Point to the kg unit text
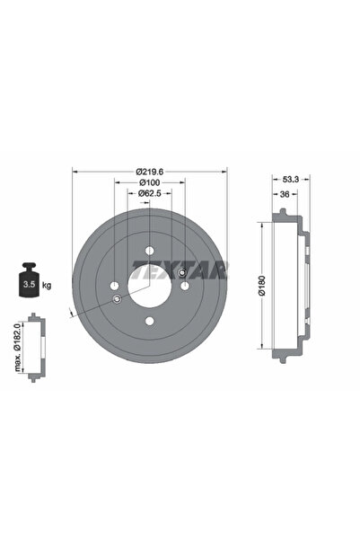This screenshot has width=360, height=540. pyautogui.click(x=46, y=285)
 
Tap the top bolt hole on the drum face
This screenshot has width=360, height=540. pyautogui.click(x=149, y=251)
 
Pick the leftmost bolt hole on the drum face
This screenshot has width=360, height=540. pyautogui.click(x=115, y=286)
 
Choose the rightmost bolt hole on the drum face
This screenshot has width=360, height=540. pyautogui.click(x=184, y=286)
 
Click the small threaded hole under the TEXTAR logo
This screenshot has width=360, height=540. pyautogui.click(x=181, y=272)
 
